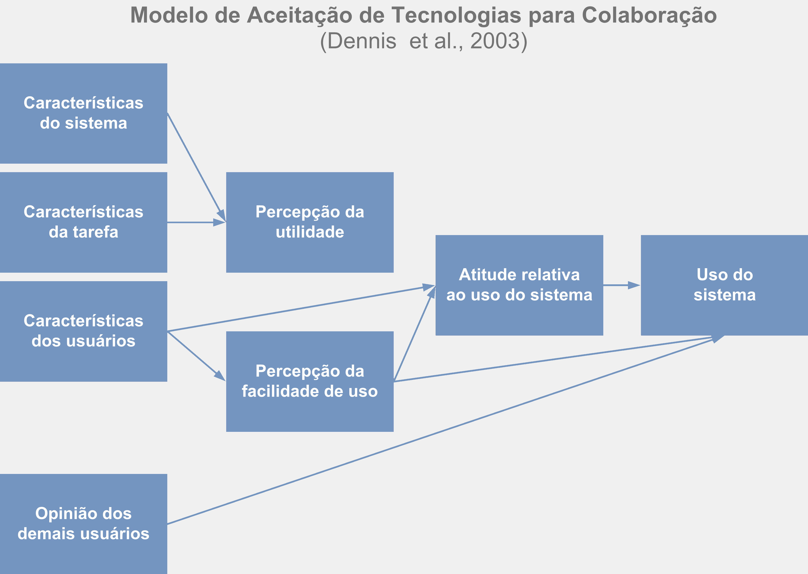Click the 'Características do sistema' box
click(x=84, y=114)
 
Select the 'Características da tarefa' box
click(x=84, y=222)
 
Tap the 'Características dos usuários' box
click(x=84, y=331)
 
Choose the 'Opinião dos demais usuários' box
click(x=84, y=524)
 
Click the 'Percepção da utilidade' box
click(x=310, y=222)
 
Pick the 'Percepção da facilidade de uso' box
click(x=310, y=381)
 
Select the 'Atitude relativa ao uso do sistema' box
click(x=519, y=285)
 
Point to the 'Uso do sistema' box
click(x=724, y=285)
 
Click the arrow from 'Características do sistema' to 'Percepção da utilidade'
click(x=197, y=167)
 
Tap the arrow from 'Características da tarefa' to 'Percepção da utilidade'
click(x=197, y=222)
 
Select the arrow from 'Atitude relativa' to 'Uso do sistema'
click(x=622, y=285)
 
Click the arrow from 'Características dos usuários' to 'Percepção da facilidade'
click(x=197, y=356)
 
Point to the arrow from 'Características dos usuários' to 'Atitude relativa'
click(x=301, y=308)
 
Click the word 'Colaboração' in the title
click(x=649, y=15)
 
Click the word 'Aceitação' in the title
click(x=299, y=15)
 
